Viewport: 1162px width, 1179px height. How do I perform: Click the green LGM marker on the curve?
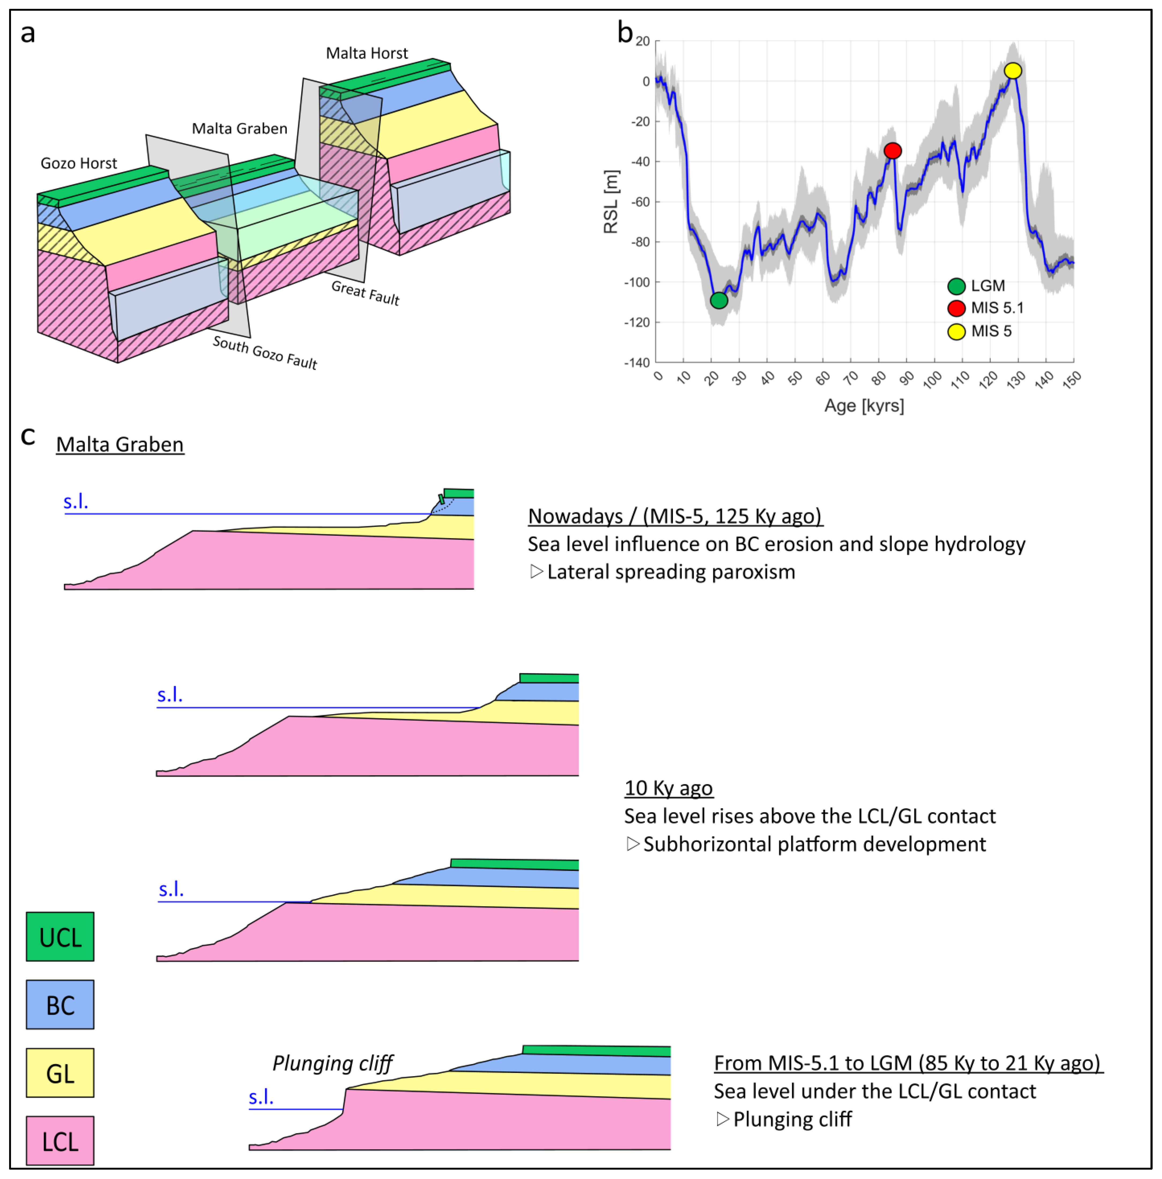[x=719, y=300]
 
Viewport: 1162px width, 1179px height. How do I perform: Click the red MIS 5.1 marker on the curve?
[x=892, y=151]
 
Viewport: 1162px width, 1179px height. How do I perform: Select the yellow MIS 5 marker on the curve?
[x=1012, y=71]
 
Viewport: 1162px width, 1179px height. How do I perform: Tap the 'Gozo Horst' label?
[x=79, y=163]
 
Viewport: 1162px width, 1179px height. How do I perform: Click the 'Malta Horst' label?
[x=367, y=54]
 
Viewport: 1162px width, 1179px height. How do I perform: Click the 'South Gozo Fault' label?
[x=265, y=353]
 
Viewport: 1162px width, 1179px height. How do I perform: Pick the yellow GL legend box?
[x=60, y=1073]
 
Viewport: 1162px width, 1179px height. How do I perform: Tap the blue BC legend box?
[x=60, y=1005]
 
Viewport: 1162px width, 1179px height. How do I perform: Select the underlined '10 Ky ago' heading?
[x=668, y=788]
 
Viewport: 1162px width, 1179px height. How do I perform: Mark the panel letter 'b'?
[x=625, y=32]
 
